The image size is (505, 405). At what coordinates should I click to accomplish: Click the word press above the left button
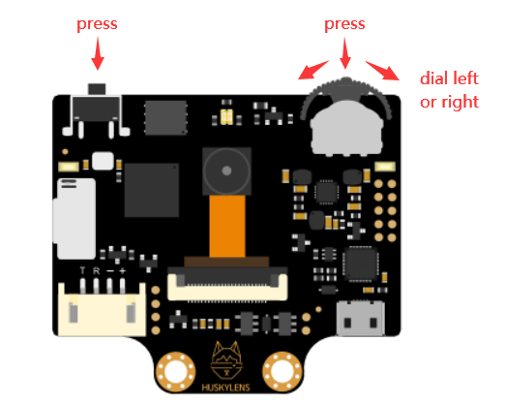[x=97, y=25]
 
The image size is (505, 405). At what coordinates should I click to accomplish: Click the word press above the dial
[x=344, y=25]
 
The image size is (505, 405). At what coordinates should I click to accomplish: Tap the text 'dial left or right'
[x=449, y=90]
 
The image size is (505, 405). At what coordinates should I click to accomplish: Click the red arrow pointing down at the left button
[x=98, y=53]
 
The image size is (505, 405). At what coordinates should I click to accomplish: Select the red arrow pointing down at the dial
[x=345, y=53]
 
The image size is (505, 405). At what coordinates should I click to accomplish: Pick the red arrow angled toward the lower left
[x=313, y=70]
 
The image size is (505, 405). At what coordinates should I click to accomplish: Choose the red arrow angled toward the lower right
[x=382, y=71]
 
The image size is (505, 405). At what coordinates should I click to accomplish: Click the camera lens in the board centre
[x=226, y=171]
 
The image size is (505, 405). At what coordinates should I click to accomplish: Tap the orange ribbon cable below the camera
[x=227, y=226]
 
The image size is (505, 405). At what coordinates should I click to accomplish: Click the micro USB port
[x=360, y=318]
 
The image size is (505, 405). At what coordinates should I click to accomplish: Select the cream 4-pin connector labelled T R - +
[x=102, y=310]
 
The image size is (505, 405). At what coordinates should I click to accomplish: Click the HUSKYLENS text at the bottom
[x=225, y=388]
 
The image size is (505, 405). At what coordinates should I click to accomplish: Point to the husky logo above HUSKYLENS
[x=226, y=360]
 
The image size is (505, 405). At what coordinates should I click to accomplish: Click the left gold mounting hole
[x=176, y=371]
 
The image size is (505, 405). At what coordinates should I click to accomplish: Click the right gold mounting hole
[x=282, y=371]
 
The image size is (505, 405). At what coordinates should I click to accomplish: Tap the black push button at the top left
[x=97, y=105]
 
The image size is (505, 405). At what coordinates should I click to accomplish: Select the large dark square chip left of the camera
[x=152, y=190]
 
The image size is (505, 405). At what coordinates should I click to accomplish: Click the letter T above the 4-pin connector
[x=83, y=270]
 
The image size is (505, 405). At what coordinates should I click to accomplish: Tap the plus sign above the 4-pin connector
[x=122, y=270]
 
